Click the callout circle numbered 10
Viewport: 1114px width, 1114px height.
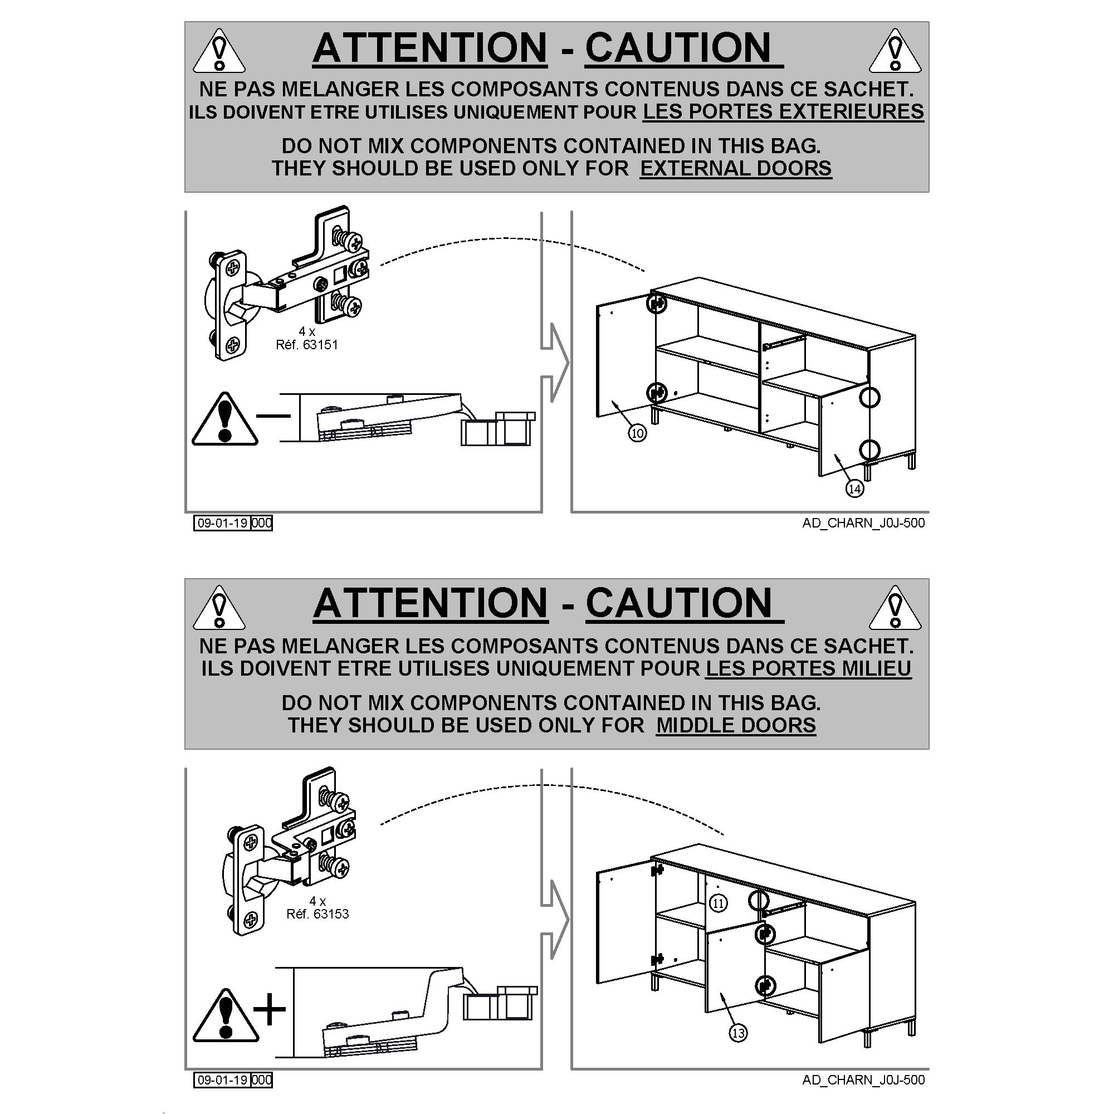tap(637, 433)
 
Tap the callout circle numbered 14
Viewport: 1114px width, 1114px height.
tap(854, 489)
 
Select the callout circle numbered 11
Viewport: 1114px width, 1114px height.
tap(718, 903)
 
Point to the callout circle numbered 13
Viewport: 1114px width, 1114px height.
tap(738, 1033)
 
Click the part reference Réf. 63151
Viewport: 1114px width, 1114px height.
tap(307, 345)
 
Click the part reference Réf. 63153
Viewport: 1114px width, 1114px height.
tap(317, 914)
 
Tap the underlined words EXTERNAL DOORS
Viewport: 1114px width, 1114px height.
tap(736, 168)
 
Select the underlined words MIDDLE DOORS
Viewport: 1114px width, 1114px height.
tap(736, 725)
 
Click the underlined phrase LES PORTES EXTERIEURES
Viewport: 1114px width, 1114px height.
tap(783, 111)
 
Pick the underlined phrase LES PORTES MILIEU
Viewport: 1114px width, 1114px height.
tap(808, 668)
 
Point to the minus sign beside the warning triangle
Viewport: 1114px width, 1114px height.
tap(273, 415)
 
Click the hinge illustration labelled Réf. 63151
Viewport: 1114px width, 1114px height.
tap(286, 282)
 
